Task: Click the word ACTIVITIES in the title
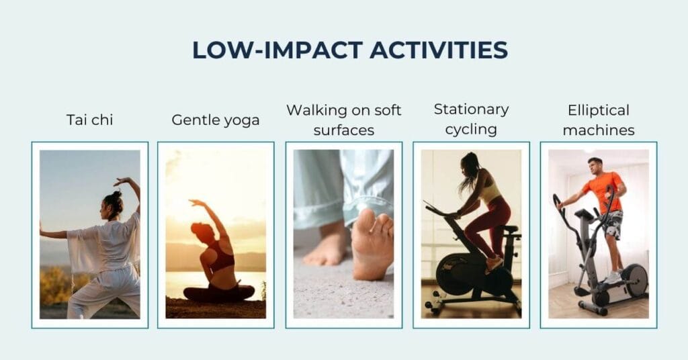tap(439, 50)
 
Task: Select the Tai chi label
tap(90, 120)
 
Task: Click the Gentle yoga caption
tap(216, 120)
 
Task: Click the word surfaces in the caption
tap(344, 130)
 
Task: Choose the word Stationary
tap(471, 109)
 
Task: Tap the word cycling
tap(471, 130)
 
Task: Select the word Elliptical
tap(599, 110)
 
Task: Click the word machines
tap(599, 130)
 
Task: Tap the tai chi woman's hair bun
tap(117, 194)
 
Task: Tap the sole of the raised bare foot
tap(371, 246)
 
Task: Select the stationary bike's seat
tap(511, 229)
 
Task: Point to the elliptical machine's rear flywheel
tap(634, 280)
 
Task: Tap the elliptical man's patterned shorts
tap(613, 224)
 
